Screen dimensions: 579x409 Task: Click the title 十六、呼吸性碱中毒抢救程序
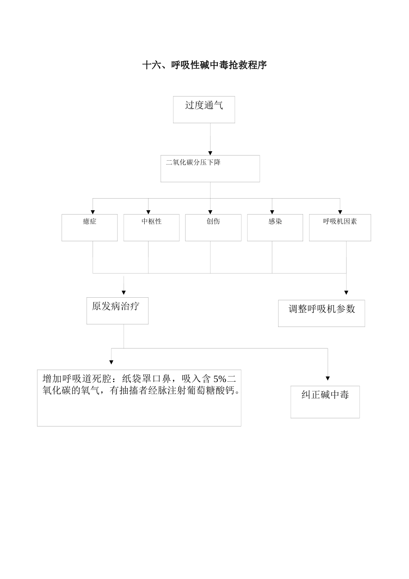pos(204,65)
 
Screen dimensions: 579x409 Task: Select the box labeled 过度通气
pos(204,109)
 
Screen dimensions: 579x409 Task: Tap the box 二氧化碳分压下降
pos(210,168)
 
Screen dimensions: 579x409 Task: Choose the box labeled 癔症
pos(90,227)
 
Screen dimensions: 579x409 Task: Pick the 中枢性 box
pos(151,227)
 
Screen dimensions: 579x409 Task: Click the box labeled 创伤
pos(213,227)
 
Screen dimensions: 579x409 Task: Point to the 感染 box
pos(275,227)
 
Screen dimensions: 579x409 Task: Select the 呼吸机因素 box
pos(340,227)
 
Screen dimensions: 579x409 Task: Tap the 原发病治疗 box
pos(117,311)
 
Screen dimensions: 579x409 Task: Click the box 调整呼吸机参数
pos(321,313)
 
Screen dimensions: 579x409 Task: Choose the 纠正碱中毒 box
pos(325,402)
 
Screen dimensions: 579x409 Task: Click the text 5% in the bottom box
pos(220,379)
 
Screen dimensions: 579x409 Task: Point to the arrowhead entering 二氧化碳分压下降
pos(210,153)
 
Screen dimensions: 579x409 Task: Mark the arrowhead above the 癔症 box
pos(93,212)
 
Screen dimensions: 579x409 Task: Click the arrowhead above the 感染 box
pos(272,212)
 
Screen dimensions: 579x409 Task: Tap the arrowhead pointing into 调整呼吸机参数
pos(346,293)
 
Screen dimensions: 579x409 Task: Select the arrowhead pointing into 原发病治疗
pos(124,293)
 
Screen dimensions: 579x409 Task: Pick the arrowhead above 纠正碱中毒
pos(328,378)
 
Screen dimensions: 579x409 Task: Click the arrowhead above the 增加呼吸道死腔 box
pos(111,362)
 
